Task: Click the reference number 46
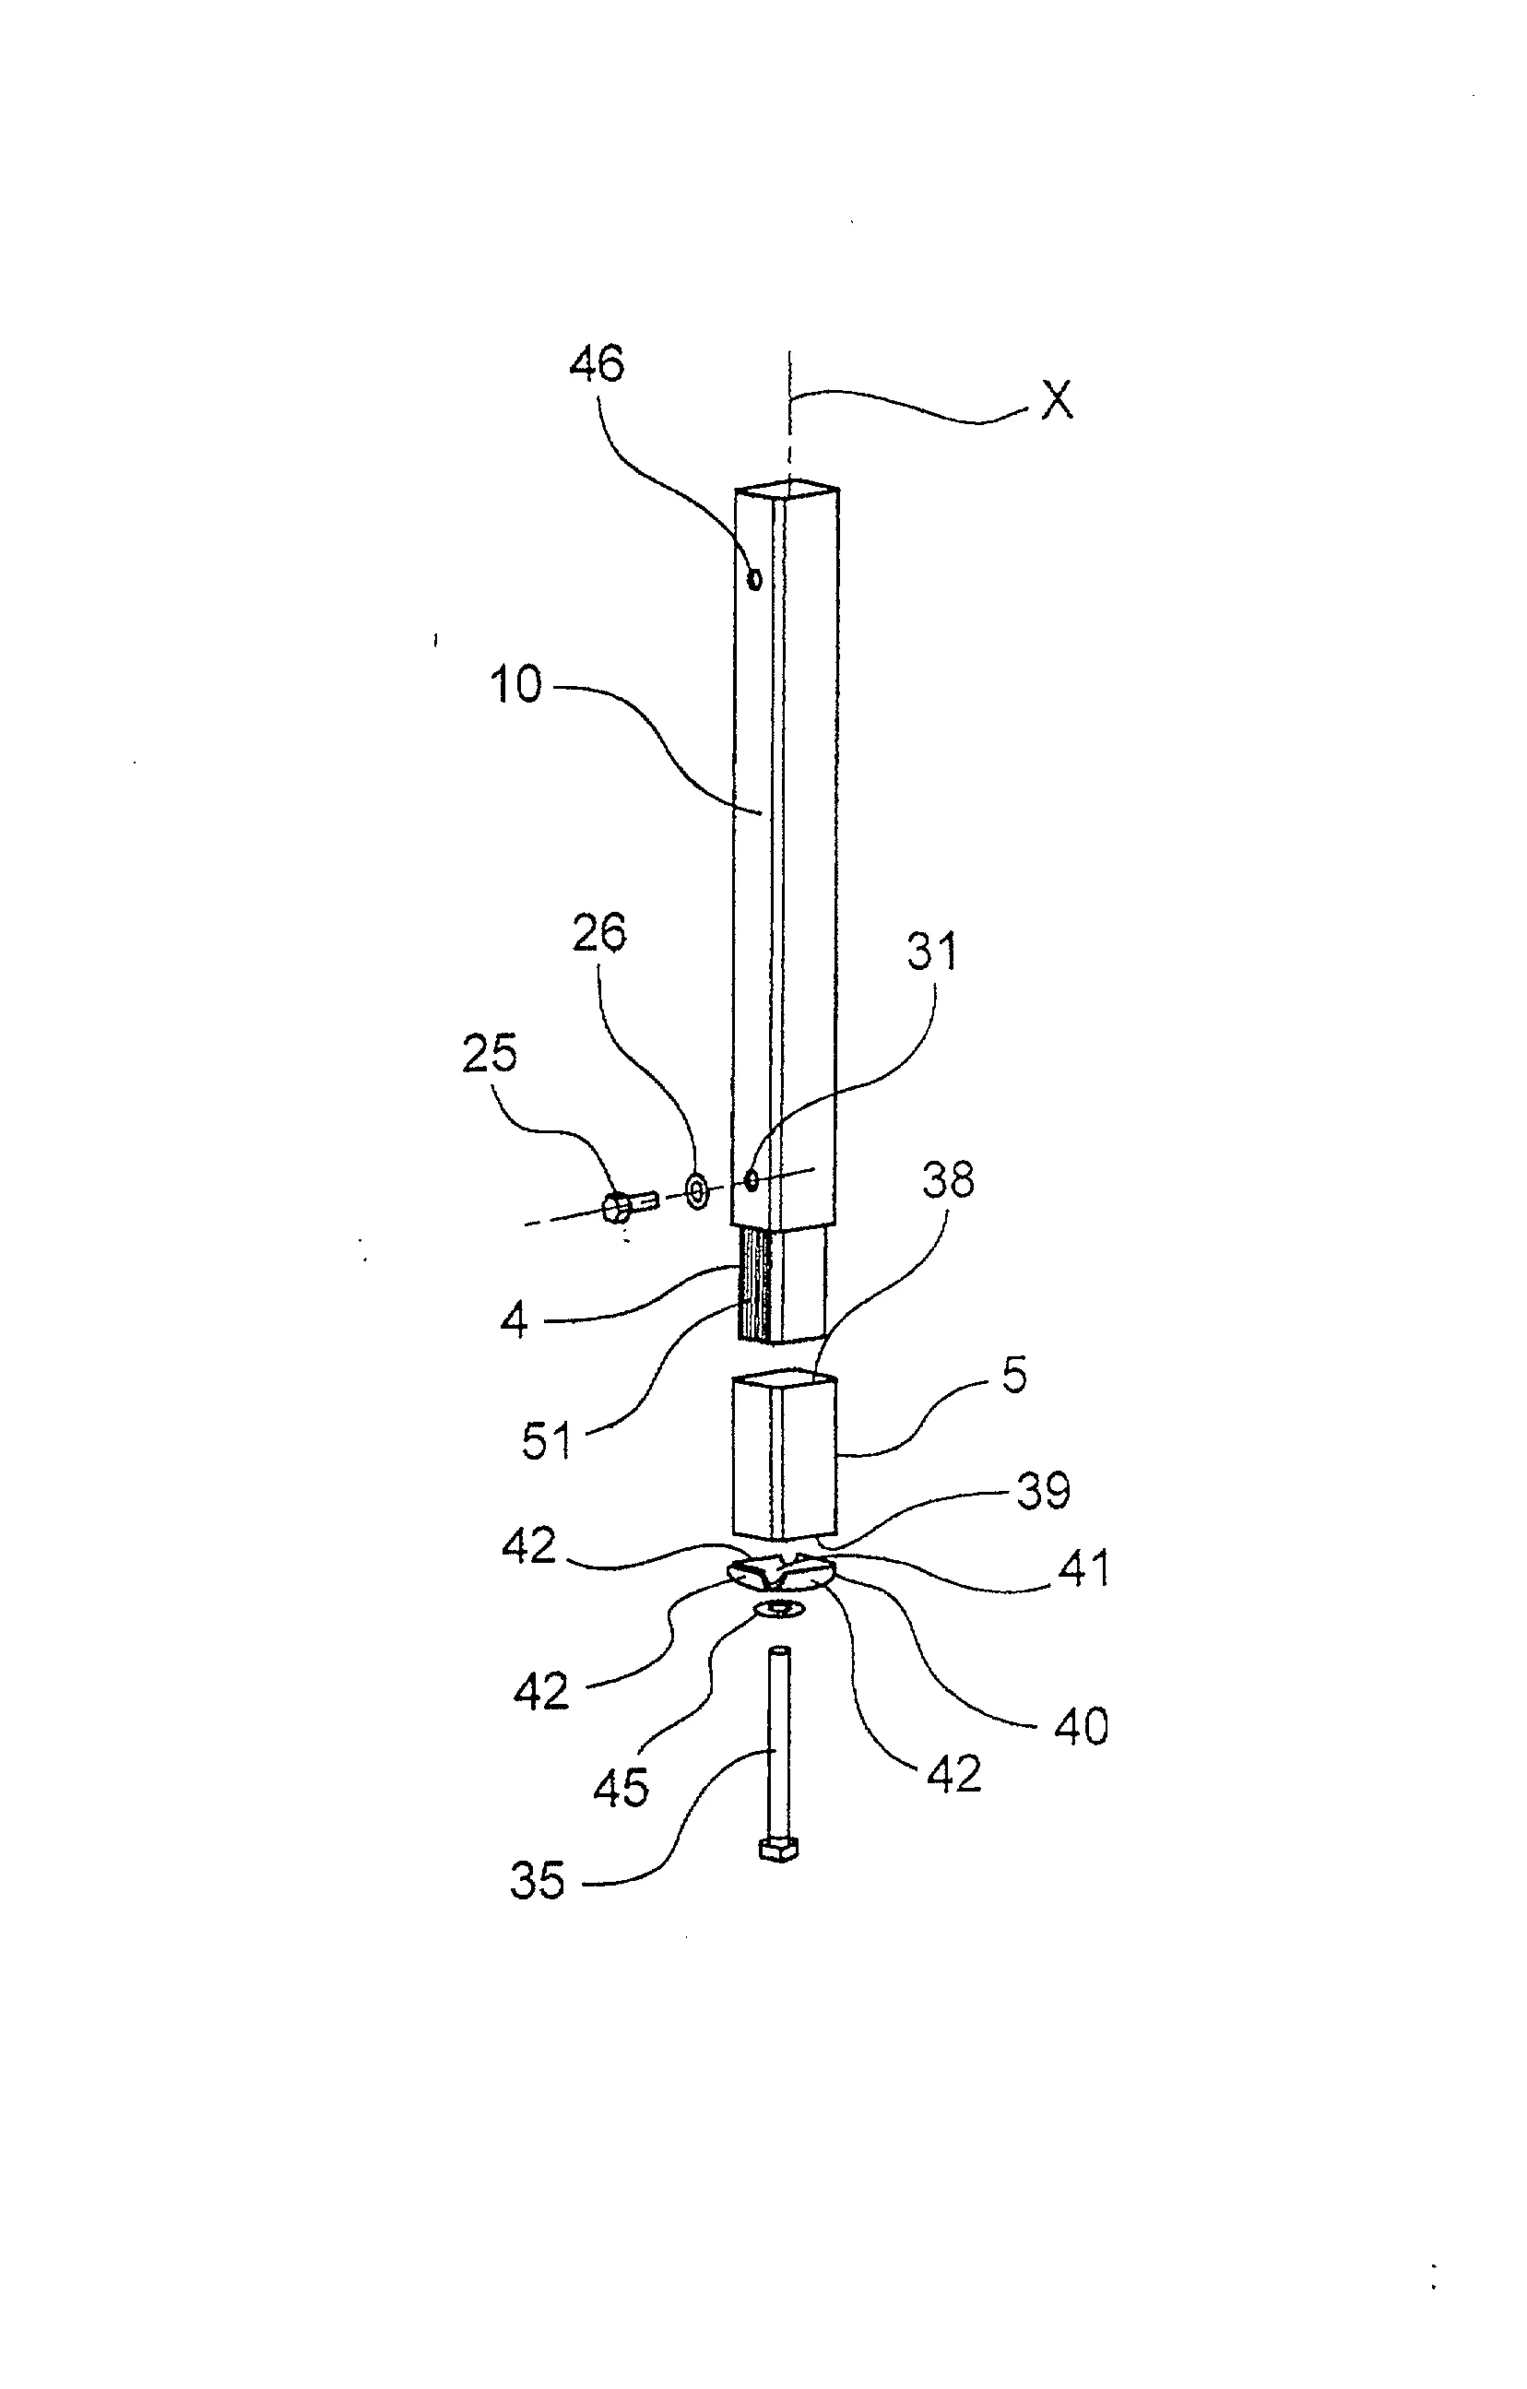point(597,364)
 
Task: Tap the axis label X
point(1056,401)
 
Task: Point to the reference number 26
point(599,935)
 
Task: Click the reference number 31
point(931,952)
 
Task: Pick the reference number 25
point(489,1054)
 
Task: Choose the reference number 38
point(948,1179)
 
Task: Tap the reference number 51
point(548,1441)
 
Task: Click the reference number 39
point(1043,1490)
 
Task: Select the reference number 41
point(1083,1568)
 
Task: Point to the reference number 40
point(1081,1726)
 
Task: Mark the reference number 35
point(537,1880)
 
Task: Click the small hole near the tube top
point(755,577)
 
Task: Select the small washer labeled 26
point(696,1189)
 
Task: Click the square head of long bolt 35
point(778,1848)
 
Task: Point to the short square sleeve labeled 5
point(784,1454)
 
